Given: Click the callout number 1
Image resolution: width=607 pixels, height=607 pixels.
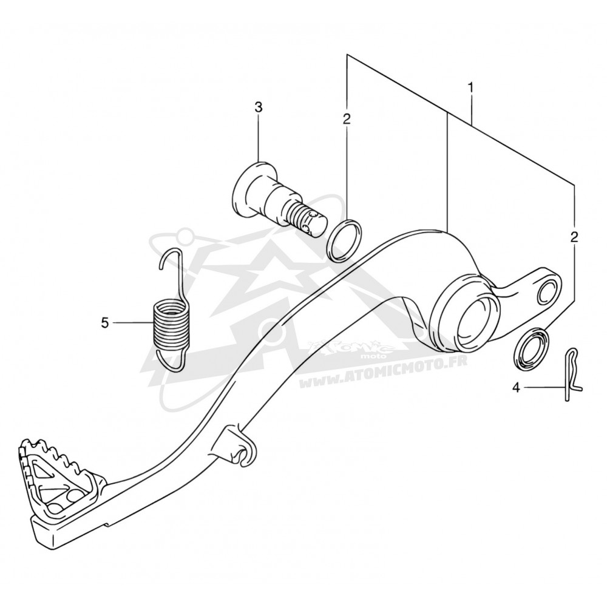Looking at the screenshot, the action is pos(471,88).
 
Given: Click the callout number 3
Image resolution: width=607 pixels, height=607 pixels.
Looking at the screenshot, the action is pos(258,107).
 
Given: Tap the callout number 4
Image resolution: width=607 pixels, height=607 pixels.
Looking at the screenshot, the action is pos(515,387).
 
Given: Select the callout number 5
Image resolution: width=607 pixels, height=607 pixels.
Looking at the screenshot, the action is pos(104,322).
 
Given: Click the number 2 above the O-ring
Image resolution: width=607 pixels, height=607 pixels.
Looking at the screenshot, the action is pos(347,119).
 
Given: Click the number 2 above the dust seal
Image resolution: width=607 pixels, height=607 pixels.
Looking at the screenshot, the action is pos(574,237).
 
